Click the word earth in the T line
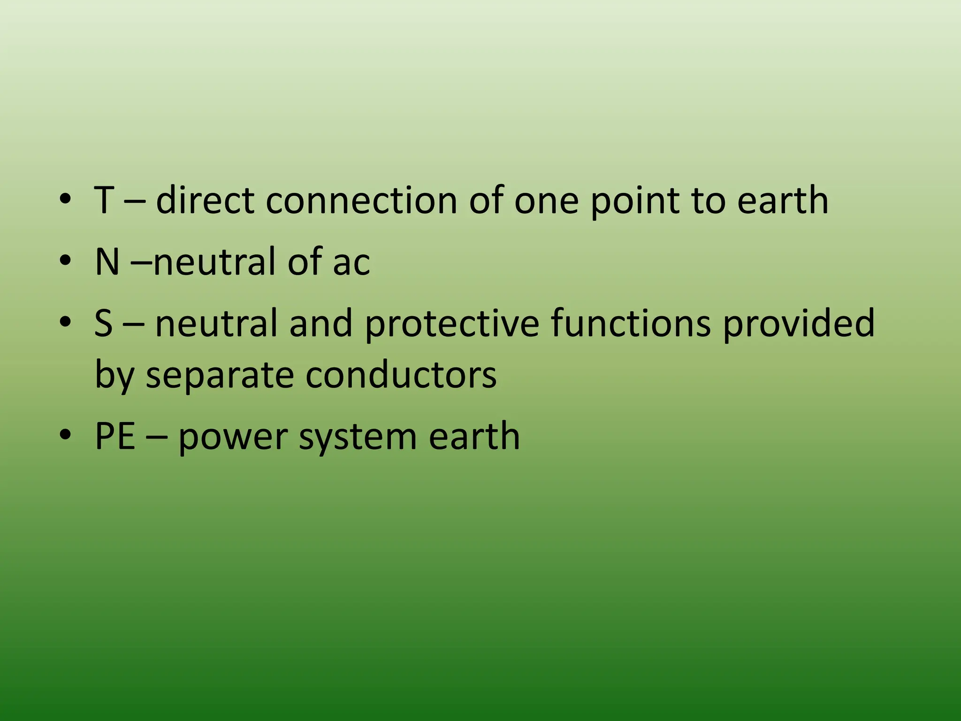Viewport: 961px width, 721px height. pyautogui.click(x=782, y=200)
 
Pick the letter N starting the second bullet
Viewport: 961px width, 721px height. pyautogui.click(x=107, y=261)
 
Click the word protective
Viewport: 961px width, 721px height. pyautogui.click(x=452, y=324)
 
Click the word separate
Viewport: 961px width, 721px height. pyautogui.click(x=220, y=376)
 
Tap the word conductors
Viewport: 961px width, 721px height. pyautogui.click(x=401, y=375)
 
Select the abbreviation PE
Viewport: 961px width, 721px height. pyautogui.click(x=115, y=436)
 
